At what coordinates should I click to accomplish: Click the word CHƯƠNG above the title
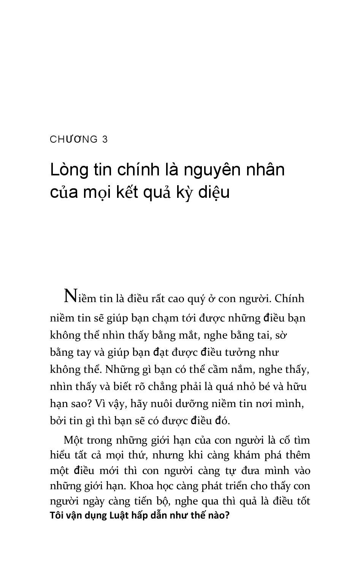[74, 140]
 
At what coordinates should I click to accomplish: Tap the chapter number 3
[105, 140]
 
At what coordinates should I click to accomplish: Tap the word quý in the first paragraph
[197, 299]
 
